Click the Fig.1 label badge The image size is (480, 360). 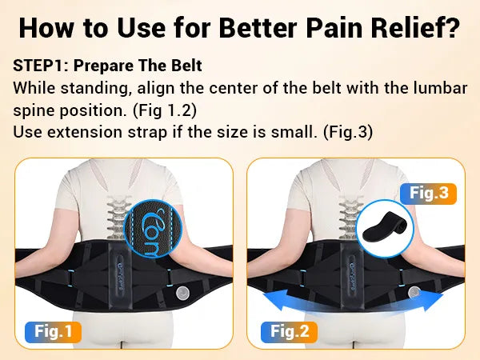(x=54, y=331)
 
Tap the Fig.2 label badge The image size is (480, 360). (x=290, y=332)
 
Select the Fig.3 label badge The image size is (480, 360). (x=428, y=194)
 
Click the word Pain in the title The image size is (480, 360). (x=334, y=28)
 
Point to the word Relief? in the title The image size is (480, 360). (x=416, y=28)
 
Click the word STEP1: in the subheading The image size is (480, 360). (x=41, y=66)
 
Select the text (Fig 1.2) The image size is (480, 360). (x=165, y=110)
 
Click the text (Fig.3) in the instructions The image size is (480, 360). (x=348, y=132)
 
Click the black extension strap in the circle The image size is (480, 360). (x=385, y=226)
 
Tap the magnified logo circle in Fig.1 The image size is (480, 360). (x=153, y=228)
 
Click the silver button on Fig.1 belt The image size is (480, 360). (x=182, y=294)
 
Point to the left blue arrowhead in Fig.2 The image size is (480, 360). (x=275, y=300)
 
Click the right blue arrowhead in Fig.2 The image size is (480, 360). (x=432, y=300)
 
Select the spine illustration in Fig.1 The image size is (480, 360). (x=118, y=218)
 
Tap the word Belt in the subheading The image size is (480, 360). (x=186, y=66)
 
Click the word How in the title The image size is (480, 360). (x=46, y=28)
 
